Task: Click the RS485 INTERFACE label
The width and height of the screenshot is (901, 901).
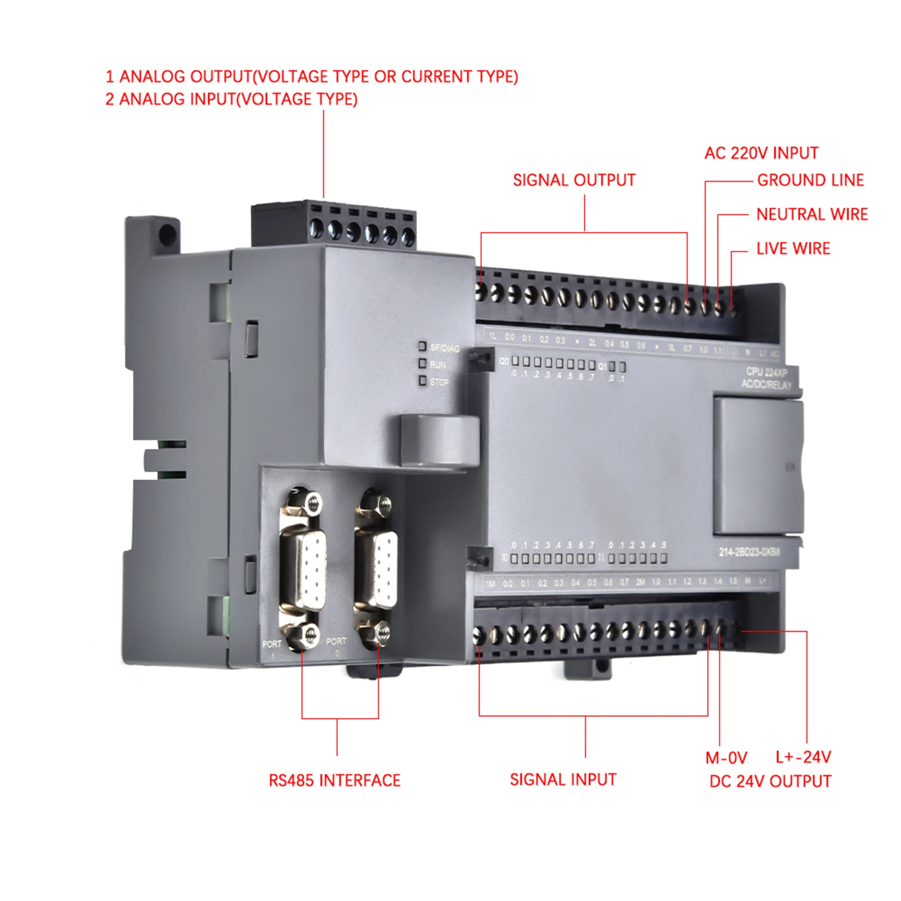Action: click(x=334, y=781)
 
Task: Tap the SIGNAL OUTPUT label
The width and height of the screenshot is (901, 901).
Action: click(x=574, y=180)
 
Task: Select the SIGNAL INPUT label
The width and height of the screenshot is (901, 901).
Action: click(x=563, y=779)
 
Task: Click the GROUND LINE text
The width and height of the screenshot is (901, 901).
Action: click(x=810, y=180)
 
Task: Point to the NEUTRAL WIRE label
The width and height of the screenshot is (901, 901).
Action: click(x=812, y=214)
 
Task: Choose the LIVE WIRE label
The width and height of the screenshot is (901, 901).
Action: click(x=793, y=249)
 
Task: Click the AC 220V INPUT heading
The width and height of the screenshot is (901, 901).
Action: click(x=761, y=153)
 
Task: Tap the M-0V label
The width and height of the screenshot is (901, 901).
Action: click(x=726, y=758)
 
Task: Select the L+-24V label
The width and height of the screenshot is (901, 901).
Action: click(x=803, y=757)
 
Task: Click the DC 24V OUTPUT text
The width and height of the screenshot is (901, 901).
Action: click(x=770, y=782)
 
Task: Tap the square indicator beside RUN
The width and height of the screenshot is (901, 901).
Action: click(x=422, y=364)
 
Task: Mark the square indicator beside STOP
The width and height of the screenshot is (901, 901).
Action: click(x=422, y=381)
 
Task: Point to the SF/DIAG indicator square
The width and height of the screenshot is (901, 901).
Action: click(x=422, y=346)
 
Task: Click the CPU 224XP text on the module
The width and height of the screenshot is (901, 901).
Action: click(x=766, y=372)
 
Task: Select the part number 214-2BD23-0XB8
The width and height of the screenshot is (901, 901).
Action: click(x=749, y=552)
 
